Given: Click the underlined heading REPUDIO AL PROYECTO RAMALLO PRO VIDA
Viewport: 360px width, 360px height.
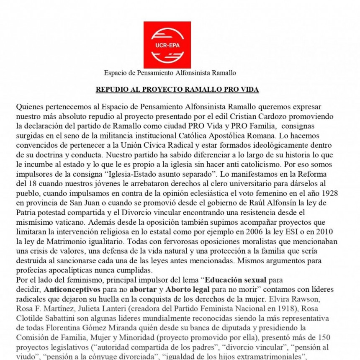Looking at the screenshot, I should click(177, 90).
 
